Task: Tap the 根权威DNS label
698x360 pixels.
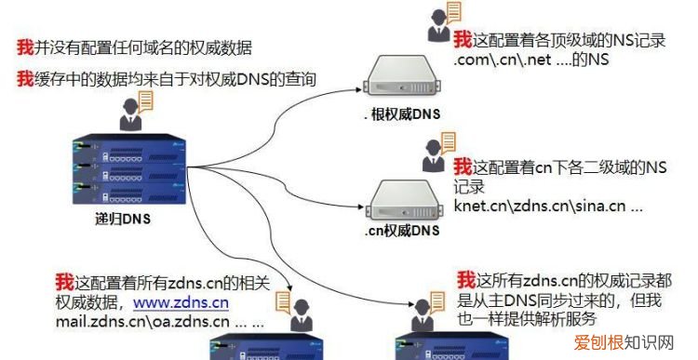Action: tap(402, 115)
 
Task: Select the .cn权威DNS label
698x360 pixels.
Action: tap(401, 230)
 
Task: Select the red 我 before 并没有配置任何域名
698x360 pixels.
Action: tap(25, 46)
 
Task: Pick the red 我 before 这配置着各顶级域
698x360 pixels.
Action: tap(463, 40)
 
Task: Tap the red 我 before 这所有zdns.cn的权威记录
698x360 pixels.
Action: tap(467, 279)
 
